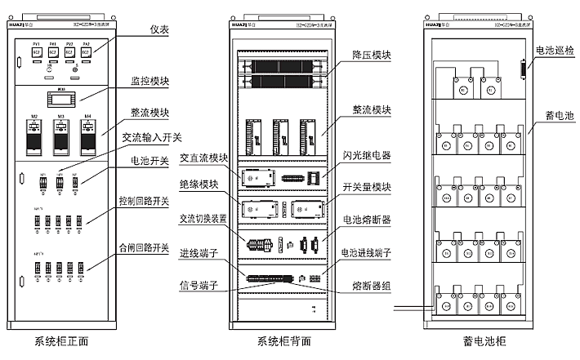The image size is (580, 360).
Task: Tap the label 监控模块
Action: [149, 82]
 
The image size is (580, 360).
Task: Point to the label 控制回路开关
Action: [143, 200]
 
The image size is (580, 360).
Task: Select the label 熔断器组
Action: [373, 285]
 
